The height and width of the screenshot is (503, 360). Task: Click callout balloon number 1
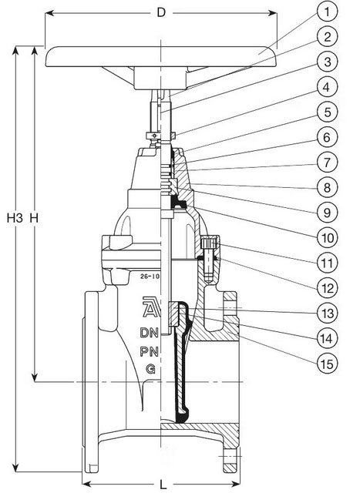coord(327,12)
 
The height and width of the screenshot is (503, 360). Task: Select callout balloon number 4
coord(327,87)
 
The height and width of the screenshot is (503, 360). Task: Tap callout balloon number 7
coord(327,163)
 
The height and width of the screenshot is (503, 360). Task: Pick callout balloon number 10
coord(327,238)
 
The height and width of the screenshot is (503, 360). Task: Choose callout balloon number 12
coord(327,288)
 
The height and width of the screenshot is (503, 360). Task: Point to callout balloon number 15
coord(327,364)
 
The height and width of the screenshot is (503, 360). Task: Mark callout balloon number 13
coord(327,313)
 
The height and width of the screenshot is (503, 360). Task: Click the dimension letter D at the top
coord(161,12)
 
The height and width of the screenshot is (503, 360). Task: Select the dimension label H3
coord(15,218)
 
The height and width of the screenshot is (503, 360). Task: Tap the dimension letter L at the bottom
coord(163,485)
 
